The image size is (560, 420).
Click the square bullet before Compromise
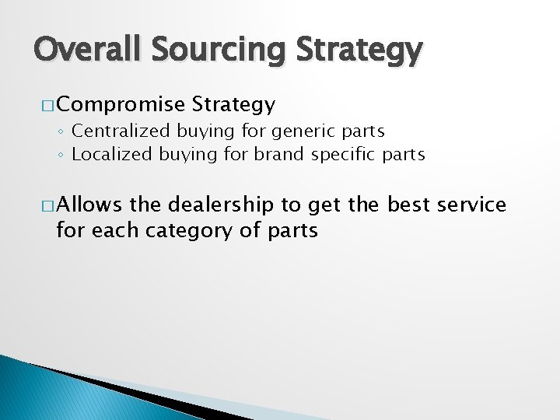tap(44, 104)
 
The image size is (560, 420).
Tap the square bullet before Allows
tap(44, 205)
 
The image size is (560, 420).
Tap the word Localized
tap(112, 154)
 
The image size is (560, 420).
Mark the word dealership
tap(220, 205)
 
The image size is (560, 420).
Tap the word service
tap(472, 205)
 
